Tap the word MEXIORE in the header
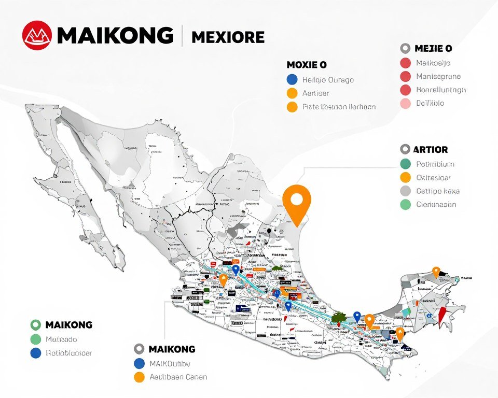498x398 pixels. point(228,37)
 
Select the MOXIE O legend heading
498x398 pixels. point(307,65)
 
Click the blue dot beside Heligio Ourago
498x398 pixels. point(292,80)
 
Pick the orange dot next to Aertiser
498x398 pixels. point(292,93)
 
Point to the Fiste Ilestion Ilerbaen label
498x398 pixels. point(339,107)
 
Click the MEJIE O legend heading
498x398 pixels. point(433,48)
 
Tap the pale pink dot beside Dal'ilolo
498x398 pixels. point(406,103)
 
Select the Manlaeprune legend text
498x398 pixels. point(438,76)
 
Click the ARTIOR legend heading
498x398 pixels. point(431,149)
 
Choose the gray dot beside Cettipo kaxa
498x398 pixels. point(406,191)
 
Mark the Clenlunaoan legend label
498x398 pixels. point(436,204)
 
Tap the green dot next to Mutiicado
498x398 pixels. point(35,339)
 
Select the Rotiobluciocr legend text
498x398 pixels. point(69,353)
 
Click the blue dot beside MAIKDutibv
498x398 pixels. point(139,363)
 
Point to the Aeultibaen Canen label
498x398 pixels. point(178,377)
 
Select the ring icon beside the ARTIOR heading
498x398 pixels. point(406,149)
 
